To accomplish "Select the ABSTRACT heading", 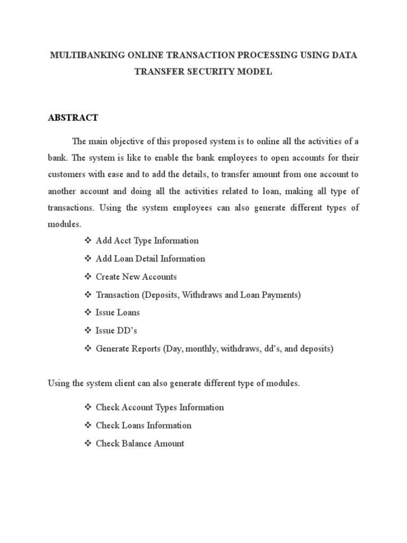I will tap(73, 118).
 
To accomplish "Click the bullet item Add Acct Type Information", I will tap(147, 241).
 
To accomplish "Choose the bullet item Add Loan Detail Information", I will tap(151, 259).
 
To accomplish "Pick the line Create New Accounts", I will tap(136, 277).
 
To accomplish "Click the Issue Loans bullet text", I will tap(118, 313).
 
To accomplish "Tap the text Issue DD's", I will tap(117, 331).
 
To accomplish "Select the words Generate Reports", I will tap(128, 349).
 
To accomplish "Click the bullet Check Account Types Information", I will tap(160, 407).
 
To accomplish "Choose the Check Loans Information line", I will tap(144, 425).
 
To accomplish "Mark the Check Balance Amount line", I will tap(140, 443).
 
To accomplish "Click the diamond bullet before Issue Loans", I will tap(88, 313).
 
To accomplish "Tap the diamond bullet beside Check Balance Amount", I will tap(88, 443).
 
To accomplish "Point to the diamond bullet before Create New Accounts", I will tap(88, 277).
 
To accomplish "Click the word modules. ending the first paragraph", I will tap(65, 224).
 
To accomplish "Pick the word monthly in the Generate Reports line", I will tap(200, 349).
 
